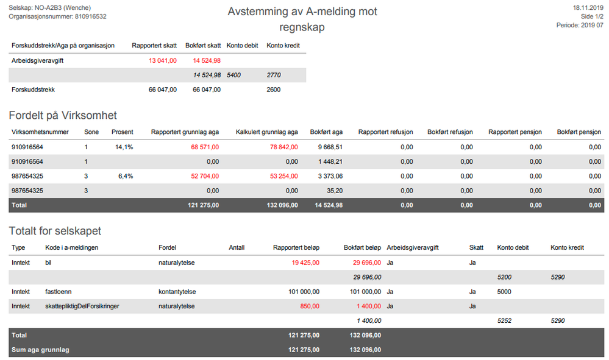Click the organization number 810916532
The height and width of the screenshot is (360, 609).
[x=90, y=16]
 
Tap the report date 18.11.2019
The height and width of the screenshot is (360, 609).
[x=588, y=8]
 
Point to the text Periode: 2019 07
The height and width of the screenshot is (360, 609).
[x=580, y=25]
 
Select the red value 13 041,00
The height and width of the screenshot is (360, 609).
[x=163, y=60]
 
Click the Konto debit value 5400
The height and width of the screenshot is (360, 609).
[x=234, y=76]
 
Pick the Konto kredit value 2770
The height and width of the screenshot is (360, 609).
[x=274, y=76]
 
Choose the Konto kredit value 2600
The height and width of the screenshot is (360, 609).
[x=274, y=90]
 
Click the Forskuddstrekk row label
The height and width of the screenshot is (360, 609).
[x=33, y=90]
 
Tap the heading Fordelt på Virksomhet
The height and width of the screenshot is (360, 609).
[x=63, y=115]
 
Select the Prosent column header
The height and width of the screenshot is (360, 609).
[x=123, y=132]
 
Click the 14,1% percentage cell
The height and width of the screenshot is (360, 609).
[x=124, y=147]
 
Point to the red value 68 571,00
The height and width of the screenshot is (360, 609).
[x=205, y=147]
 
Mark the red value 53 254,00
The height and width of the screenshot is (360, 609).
[x=284, y=176]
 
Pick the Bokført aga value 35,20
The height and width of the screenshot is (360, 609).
[x=335, y=191]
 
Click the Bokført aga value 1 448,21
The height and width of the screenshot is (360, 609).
[x=330, y=162]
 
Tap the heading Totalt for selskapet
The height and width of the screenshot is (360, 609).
[x=55, y=231]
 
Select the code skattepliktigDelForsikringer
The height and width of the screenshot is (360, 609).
[x=82, y=306]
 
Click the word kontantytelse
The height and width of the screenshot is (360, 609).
[x=177, y=292]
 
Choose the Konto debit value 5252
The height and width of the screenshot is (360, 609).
[x=504, y=321]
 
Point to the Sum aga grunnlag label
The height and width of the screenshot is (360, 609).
[x=40, y=350]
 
